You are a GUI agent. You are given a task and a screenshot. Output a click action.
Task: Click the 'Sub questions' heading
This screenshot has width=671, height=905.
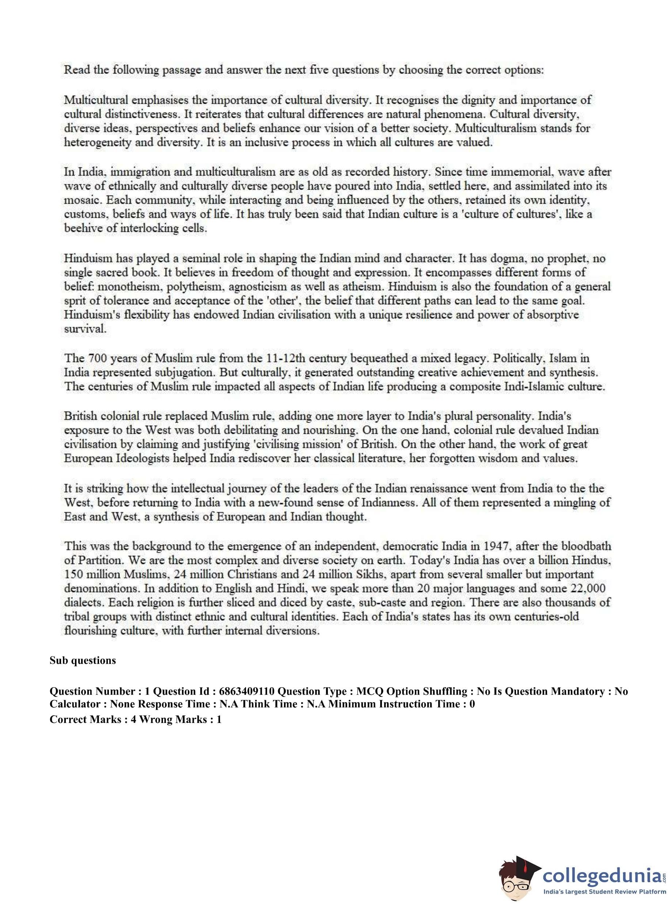[x=83, y=660]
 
